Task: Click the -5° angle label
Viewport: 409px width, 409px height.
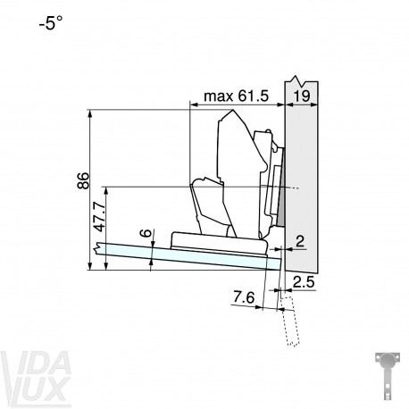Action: coord(51,22)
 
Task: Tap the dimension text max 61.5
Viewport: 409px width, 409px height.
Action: coord(236,96)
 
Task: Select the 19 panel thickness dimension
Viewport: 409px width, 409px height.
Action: coord(302,96)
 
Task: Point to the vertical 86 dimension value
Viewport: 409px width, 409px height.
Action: coord(83,180)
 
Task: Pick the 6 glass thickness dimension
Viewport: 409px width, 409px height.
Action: coord(146,233)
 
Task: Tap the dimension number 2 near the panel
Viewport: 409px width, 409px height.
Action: coord(300,241)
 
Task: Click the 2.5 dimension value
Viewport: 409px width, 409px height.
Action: coord(304,282)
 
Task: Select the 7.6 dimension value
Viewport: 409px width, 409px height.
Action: coord(244,297)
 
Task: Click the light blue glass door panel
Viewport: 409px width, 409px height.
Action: coord(188,256)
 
